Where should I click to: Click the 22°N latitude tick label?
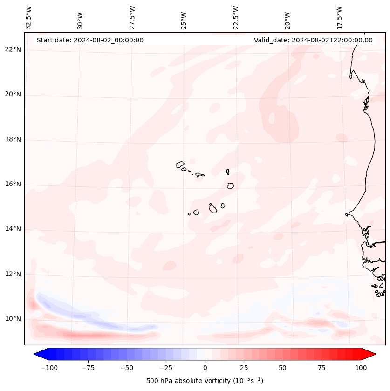[13, 50]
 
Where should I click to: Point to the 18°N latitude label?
[13, 139]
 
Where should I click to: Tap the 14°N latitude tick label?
[13, 229]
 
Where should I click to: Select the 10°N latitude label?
[13, 319]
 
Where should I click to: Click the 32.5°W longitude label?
[29, 17]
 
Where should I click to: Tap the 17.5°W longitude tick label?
[339, 17]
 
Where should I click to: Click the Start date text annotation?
[90, 40]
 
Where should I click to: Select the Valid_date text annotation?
[313, 40]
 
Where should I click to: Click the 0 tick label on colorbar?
[205, 368]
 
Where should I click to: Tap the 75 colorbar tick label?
[322, 368]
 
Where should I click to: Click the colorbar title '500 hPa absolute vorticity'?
[205, 381]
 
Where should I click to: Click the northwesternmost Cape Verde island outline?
[180, 164]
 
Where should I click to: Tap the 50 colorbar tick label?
[283, 368]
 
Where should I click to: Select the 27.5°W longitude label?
[132, 17]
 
